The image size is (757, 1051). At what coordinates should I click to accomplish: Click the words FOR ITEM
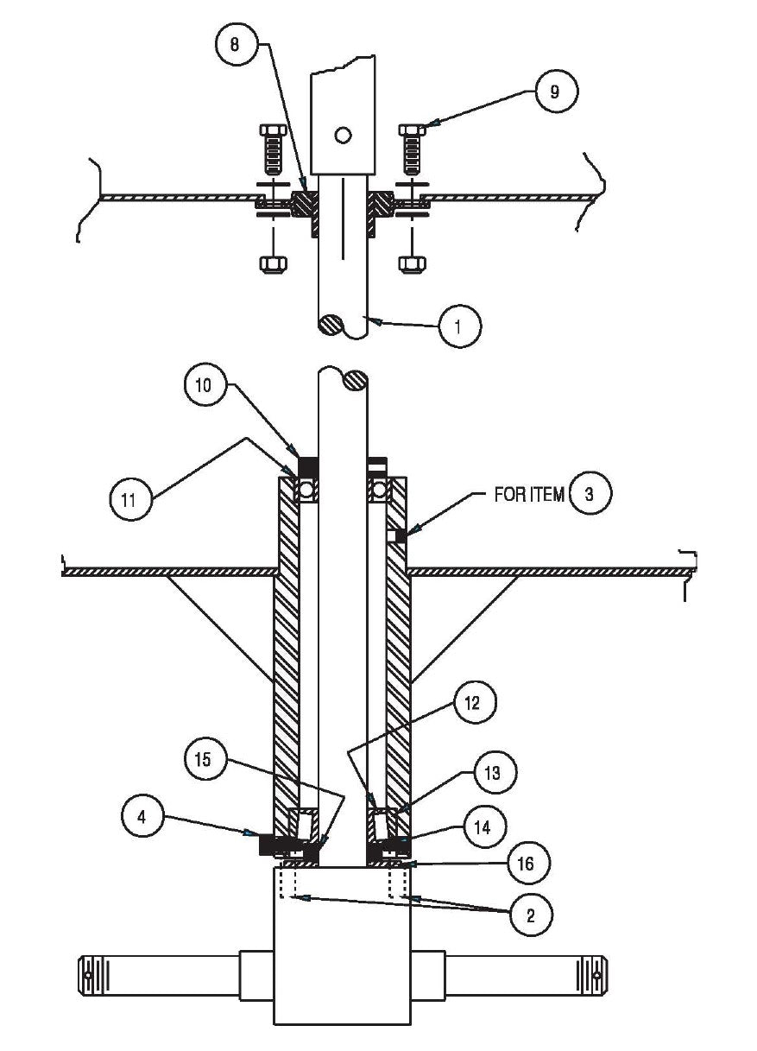pos(527,495)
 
